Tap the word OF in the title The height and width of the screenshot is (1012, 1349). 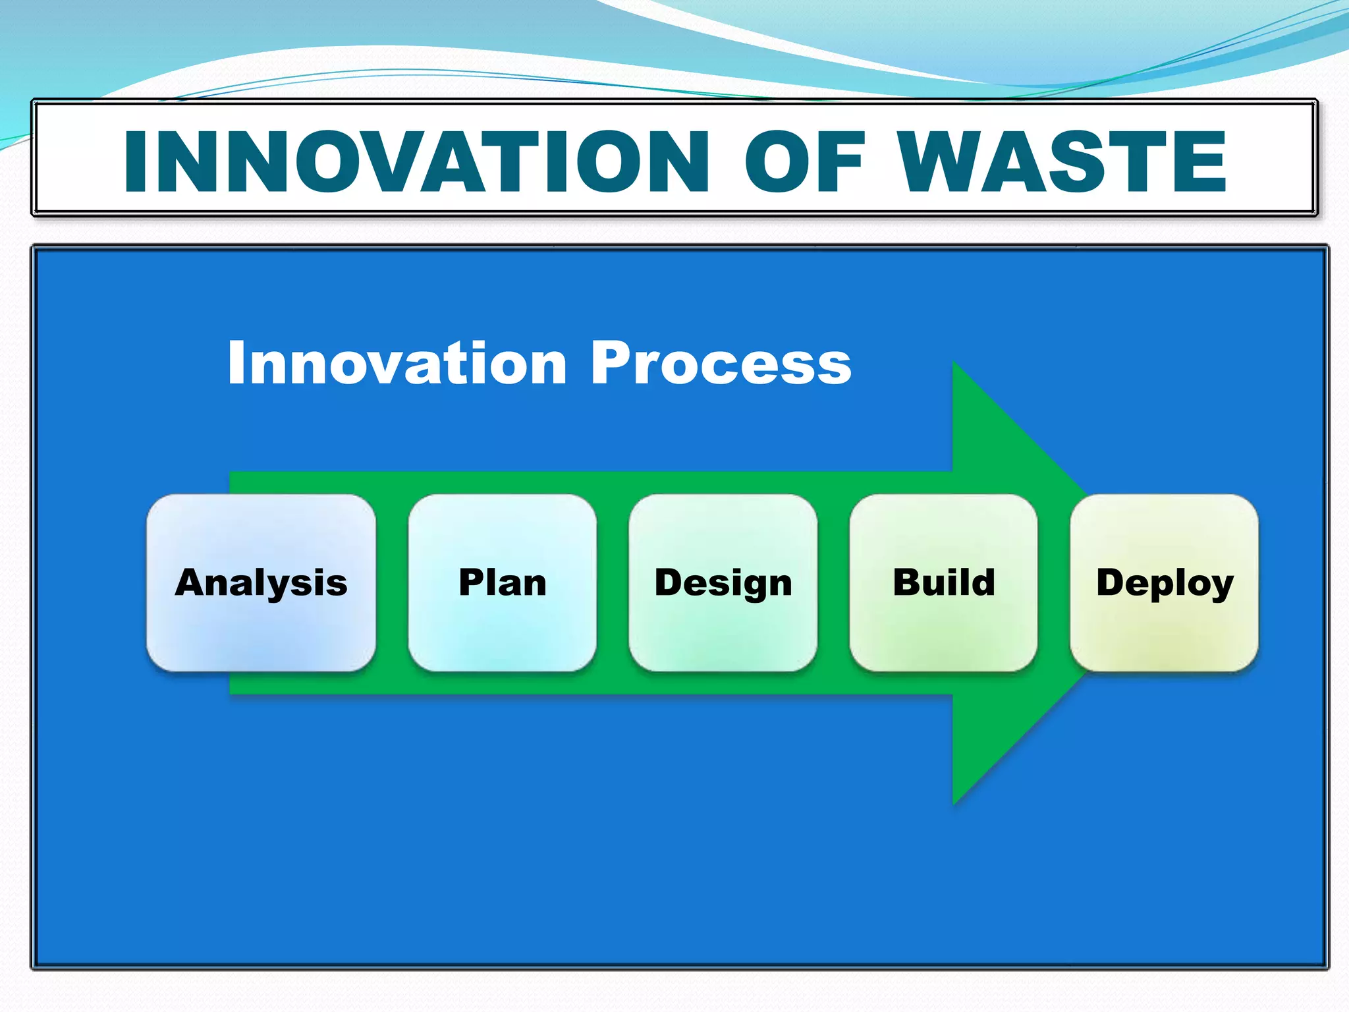click(803, 161)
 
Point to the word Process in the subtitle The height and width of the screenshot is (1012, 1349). click(721, 364)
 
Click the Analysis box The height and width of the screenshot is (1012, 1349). click(261, 583)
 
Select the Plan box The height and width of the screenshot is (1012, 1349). click(502, 583)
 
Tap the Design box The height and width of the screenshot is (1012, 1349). click(723, 583)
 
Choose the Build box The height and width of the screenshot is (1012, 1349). click(943, 583)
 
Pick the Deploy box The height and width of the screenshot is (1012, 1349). click(1164, 583)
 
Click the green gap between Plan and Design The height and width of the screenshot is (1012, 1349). click(613, 583)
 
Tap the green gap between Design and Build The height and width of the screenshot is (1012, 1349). click(833, 583)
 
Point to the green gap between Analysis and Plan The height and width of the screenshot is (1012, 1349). click(392, 583)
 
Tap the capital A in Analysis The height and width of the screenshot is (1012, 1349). click(191, 582)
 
